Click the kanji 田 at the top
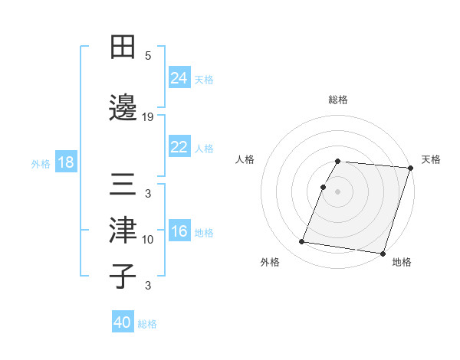point(123,47)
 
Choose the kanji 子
point(123,276)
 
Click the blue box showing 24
point(179,78)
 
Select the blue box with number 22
point(179,147)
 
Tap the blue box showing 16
point(179,231)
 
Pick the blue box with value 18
point(65,162)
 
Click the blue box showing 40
point(123,322)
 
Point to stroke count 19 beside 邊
point(148,116)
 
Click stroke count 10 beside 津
point(148,240)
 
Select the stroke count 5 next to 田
point(148,55)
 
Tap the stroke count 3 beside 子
point(148,286)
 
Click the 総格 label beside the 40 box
point(147,324)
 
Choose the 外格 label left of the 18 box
point(41,164)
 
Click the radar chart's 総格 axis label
point(338,100)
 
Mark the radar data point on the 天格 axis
point(410,168)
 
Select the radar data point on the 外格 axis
point(302,242)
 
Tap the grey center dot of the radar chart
point(338,191)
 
